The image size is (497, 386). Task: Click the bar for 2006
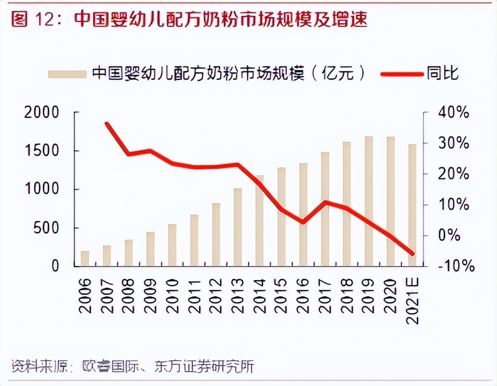click(x=85, y=258)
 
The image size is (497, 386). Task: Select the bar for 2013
click(x=238, y=227)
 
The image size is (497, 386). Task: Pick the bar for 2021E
click(x=412, y=205)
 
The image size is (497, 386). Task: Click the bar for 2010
click(x=172, y=245)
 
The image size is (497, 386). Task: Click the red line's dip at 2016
click(x=303, y=222)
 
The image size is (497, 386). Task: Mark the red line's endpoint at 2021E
click(x=412, y=254)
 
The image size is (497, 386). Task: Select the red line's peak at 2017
click(x=325, y=202)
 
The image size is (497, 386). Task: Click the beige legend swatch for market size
click(x=67, y=74)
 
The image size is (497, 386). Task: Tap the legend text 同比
click(x=442, y=74)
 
